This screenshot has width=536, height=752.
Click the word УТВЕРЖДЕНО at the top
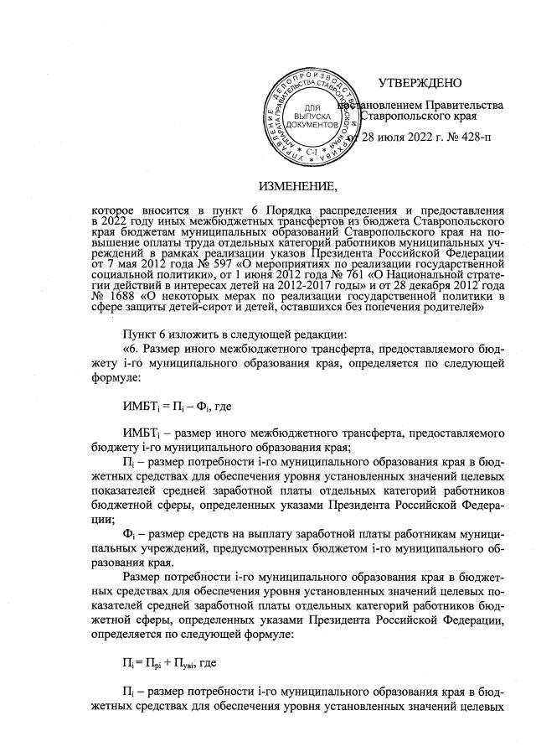pyautogui.click(x=420, y=83)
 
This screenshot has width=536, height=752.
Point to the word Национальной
pyautogui.click(x=399, y=274)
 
